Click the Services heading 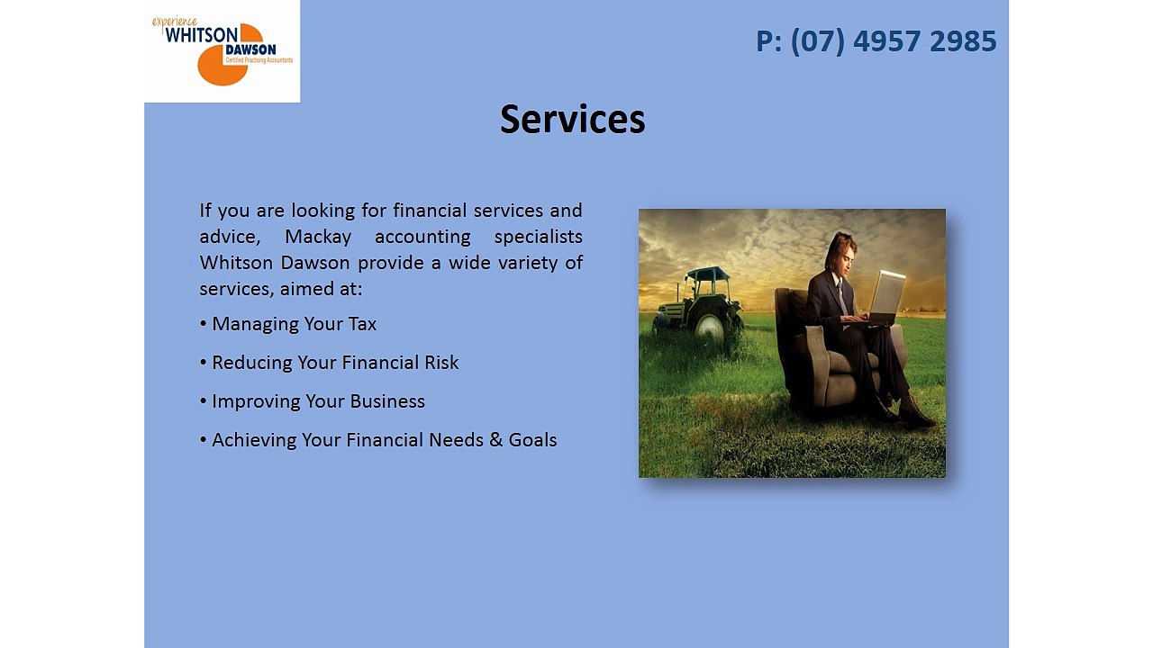572,119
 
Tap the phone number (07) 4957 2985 894,41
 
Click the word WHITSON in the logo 201,35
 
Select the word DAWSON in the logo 250,49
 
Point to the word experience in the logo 175,22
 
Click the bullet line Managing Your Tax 288,324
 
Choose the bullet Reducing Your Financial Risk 330,363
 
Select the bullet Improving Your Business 313,401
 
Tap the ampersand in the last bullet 495,440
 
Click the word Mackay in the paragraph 318,237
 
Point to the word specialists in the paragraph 539,237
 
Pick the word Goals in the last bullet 532,440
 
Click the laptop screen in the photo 887,292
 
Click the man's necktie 841,297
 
